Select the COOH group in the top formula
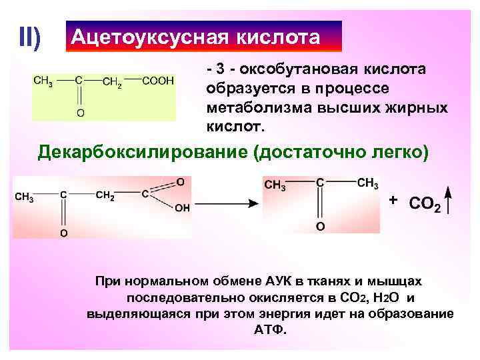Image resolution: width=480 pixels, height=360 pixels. [x=159, y=81]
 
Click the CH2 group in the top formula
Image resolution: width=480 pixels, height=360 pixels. [x=112, y=83]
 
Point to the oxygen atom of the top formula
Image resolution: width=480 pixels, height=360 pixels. [x=80, y=113]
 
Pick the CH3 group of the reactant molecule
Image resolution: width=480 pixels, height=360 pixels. [x=24, y=197]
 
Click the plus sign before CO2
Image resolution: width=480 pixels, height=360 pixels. [x=393, y=200]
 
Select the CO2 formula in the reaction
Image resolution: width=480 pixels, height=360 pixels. [x=425, y=203]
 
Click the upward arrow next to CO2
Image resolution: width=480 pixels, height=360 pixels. [x=450, y=201]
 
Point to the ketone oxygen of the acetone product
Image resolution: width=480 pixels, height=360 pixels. [x=321, y=227]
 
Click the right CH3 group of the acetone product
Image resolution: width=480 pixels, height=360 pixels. [x=367, y=183]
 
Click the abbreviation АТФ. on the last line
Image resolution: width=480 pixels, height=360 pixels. [x=270, y=329]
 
